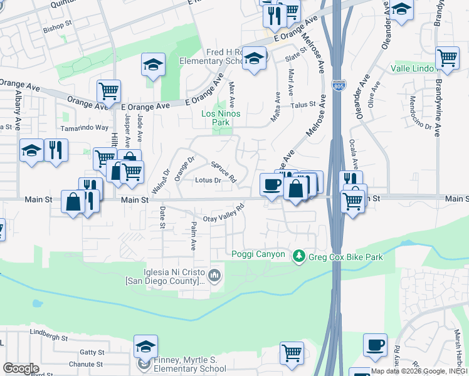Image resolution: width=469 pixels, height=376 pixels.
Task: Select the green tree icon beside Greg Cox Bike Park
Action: tap(300, 256)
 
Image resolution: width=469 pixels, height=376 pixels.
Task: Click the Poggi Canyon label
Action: tap(258, 254)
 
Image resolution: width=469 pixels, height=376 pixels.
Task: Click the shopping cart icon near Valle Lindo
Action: tap(447, 58)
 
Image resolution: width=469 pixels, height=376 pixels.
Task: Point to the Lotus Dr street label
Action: tap(208, 180)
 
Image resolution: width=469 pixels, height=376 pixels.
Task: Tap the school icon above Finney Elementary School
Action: tap(145, 347)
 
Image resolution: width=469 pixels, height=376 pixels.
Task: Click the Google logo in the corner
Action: tap(21, 368)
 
